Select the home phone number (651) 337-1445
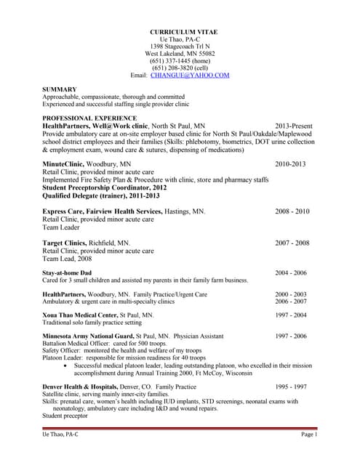coord(179,60)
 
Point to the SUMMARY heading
coord(60,89)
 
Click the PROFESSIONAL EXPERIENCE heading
coord(89,117)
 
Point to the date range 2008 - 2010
coord(292,211)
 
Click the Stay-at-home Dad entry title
coord(67,272)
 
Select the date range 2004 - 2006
coord(292,272)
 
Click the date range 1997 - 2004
coord(291,315)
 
